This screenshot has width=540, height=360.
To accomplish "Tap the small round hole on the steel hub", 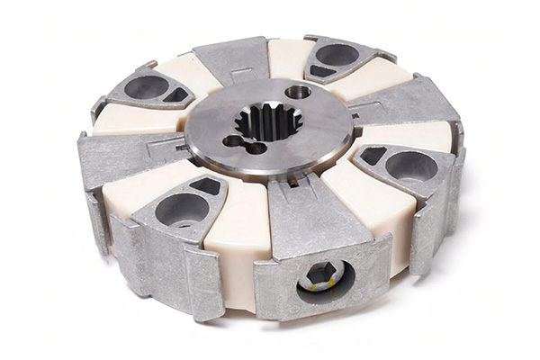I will pyautogui.click(x=298, y=92).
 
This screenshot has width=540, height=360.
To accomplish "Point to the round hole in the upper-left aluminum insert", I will pyautogui.click(x=146, y=87).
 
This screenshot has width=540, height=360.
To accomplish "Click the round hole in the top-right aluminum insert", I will pyautogui.click(x=337, y=55).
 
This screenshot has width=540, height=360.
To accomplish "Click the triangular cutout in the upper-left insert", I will pyautogui.click(x=176, y=94).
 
